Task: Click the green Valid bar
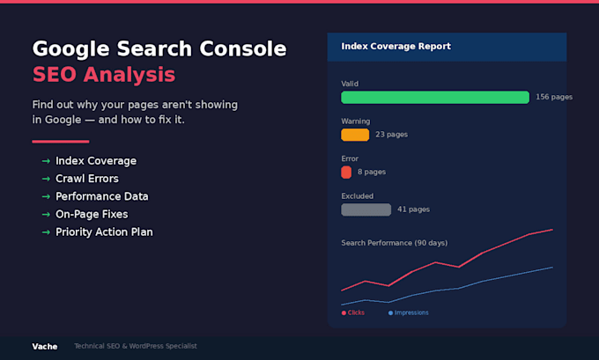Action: (x=435, y=98)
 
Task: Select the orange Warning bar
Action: (x=355, y=135)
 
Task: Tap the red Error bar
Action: (x=346, y=173)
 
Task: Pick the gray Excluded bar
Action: (x=366, y=209)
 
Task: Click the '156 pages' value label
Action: (x=554, y=97)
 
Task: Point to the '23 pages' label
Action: (x=392, y=135)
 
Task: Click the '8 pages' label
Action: (x=372, y=172)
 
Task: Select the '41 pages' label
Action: (x=413, y=209)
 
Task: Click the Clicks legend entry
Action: (x=353, y=312)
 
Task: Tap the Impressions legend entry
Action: (x=409, y=312)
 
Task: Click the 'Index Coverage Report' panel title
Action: (x=396, y=46)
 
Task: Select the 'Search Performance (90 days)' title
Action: (x=395, y=243)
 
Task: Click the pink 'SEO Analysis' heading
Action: (x=104, y=75)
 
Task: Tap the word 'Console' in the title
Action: (x=243, y=49)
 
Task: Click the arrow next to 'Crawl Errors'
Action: (x=46, y=179)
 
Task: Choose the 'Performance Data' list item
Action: (x=102, y=196)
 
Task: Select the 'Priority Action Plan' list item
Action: (x=104, y=232)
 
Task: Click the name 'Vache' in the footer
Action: (x=45, y=347)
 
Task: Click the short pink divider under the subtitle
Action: (x=61, y=142)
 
